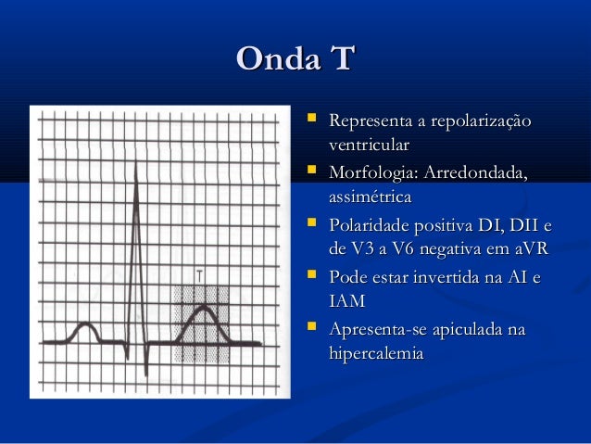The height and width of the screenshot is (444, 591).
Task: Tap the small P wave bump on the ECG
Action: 85,325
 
